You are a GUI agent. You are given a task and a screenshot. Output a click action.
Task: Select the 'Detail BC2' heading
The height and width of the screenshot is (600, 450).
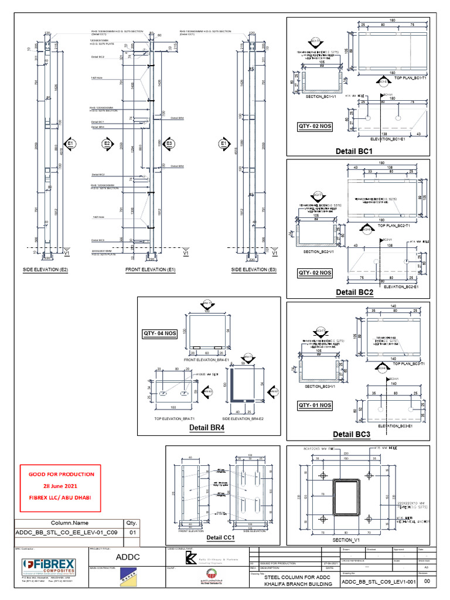[x=354, y=292]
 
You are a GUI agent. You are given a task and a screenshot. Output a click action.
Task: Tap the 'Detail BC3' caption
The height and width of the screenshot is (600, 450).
[x=352, y=434]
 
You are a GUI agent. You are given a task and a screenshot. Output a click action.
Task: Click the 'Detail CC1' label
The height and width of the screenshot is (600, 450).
[x=220, y=537]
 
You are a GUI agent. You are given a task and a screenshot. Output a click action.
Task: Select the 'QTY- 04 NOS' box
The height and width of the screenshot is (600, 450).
[x=160, y=333]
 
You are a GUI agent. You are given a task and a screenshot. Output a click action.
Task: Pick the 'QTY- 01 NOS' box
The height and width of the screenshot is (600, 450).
[x=315, y=405]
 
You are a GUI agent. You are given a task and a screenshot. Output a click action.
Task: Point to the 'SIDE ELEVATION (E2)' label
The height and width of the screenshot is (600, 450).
[x=49, y=270]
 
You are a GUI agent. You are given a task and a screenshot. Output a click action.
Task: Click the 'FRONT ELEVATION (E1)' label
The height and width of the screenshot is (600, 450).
[x=151, y=270]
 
